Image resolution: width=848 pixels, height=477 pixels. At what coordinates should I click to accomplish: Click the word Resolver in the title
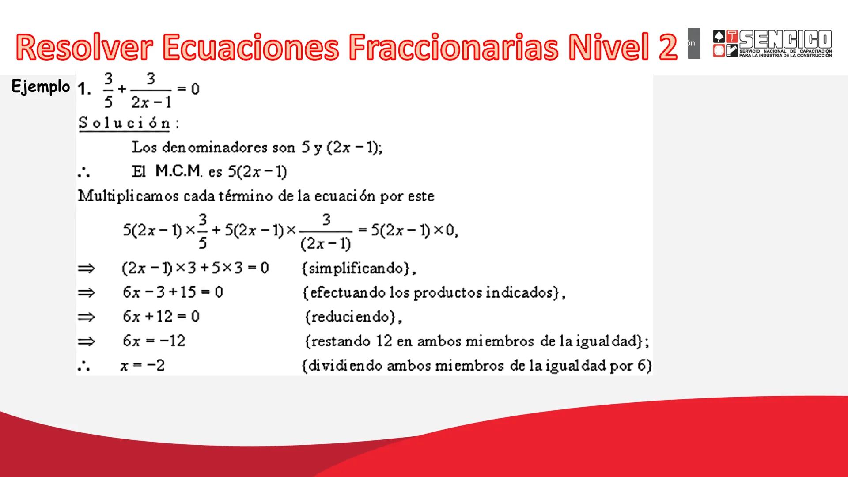[85, 47]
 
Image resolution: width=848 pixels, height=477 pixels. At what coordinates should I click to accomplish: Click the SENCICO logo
[772, 43]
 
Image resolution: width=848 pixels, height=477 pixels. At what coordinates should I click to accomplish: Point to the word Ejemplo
[41, 87]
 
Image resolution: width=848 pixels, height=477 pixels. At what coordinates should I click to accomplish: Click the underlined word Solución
[125, 123]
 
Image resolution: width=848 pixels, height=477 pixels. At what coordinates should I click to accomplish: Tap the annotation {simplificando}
[359, 269]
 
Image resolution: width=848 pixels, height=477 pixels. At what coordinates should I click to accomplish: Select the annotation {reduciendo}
[353, 317]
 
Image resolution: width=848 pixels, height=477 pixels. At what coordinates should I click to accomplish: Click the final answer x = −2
[143, 366]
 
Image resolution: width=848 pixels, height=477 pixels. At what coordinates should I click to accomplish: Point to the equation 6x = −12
[154, 341]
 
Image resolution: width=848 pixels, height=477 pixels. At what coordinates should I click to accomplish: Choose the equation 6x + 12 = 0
[161, 317]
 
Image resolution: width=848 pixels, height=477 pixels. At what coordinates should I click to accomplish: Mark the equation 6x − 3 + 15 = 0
[173, 292]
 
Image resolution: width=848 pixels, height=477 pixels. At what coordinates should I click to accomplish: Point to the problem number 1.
[84, 90]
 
